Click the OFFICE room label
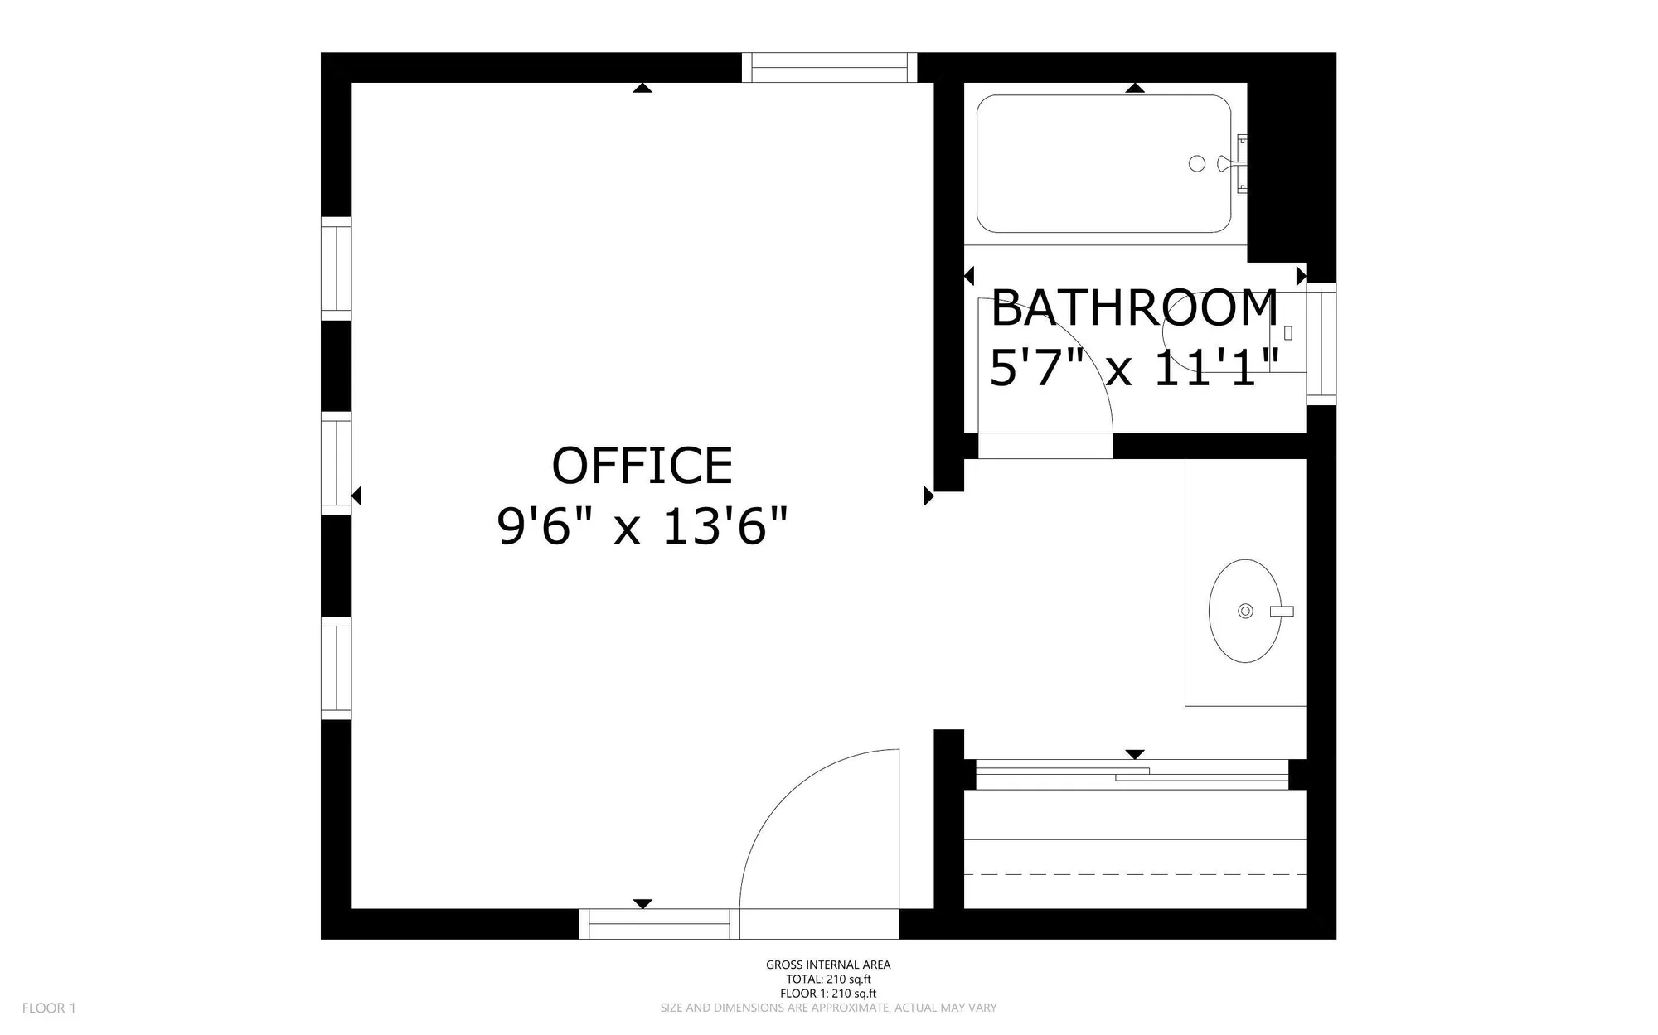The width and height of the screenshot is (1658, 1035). [x=642, y=466]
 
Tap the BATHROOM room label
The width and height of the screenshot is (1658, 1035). [x=1134, y=308]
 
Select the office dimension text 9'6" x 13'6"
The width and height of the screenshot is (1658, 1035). [x=642, y=526]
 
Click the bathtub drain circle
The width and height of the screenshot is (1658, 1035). [x=1196, y=164]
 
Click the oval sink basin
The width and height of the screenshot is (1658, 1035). [x=1244, y=611]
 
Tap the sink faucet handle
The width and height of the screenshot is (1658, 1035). [x=1281, y=612]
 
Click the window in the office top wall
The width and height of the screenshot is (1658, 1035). [x=829, y=68]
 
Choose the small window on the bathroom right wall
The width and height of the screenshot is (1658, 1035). [x=1321, y=344]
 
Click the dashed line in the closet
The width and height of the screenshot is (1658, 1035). [x=1135, y=874]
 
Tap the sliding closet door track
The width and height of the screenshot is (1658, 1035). [x=1132, y=775]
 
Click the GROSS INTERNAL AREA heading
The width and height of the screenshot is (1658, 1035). [x=828, y=965]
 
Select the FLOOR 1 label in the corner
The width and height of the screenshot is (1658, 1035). [x=49, y=1008]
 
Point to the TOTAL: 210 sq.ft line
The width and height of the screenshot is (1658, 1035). [x=828, y=979]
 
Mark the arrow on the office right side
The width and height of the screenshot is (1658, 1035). [x=928, y=496]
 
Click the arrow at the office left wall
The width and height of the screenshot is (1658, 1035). [x=356, y=496]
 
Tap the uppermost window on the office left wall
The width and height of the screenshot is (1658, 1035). [x=336, y=268]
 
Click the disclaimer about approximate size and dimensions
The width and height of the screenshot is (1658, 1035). [x=828, y=1008]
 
